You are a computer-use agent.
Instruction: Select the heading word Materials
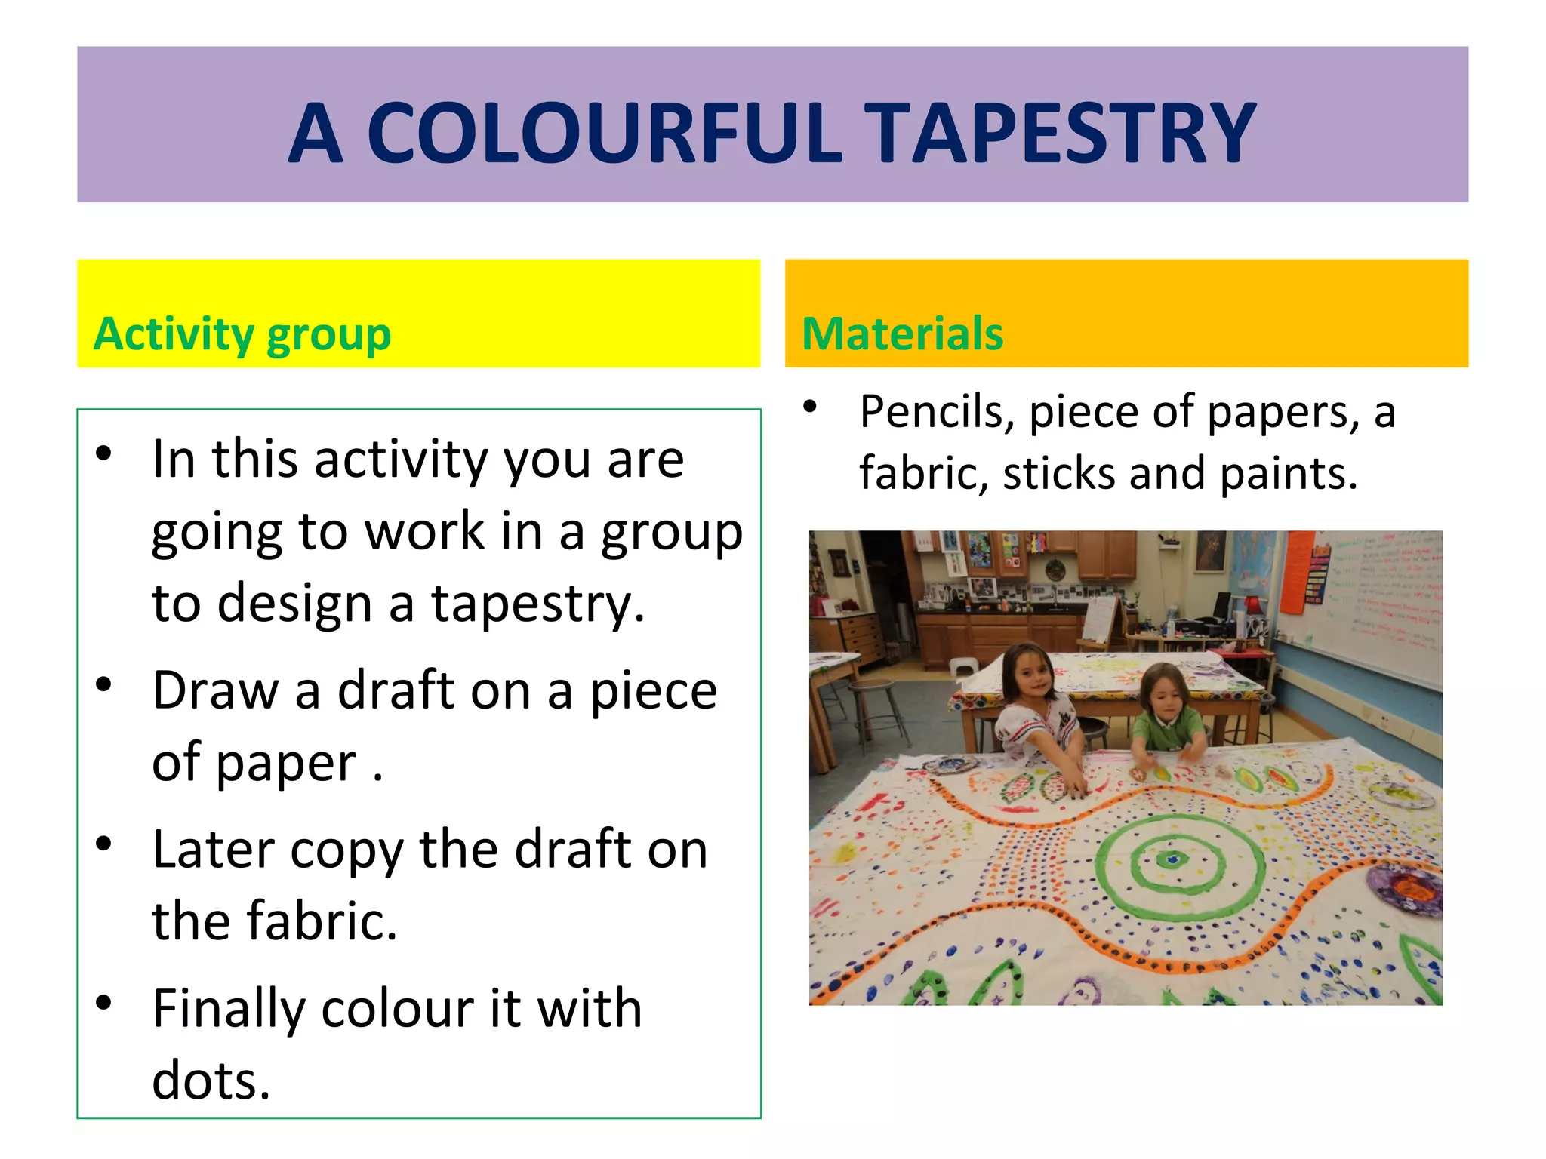[902, 334]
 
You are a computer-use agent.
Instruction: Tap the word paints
[1288, 474]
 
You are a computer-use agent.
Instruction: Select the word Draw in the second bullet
[215, 690]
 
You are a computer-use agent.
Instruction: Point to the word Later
[212, 850]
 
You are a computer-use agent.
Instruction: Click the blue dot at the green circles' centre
[1172, 859]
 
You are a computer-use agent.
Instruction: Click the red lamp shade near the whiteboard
[1252, 605]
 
